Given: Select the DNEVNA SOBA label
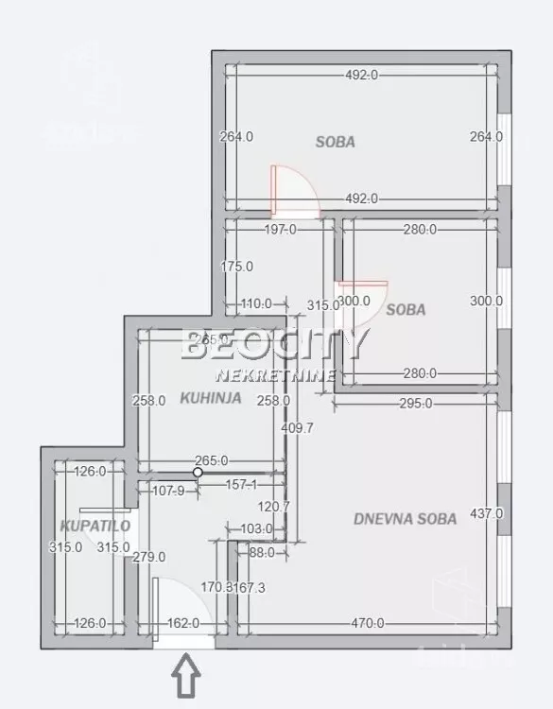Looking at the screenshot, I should (405, 518).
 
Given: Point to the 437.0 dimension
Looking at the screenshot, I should (486, 514).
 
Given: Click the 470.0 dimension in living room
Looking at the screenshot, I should (368, 623).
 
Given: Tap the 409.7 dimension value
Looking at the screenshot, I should (297, 427).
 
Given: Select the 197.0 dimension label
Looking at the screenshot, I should (280, 229).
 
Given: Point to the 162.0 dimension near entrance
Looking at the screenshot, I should (183, 623).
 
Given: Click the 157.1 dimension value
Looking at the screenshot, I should (241, 485).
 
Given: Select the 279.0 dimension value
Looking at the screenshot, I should (149, 557).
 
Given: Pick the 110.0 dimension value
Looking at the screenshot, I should (255, 303).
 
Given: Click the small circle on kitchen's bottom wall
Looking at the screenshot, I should (198, 472).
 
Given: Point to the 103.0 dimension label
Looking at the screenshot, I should (256, 528).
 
